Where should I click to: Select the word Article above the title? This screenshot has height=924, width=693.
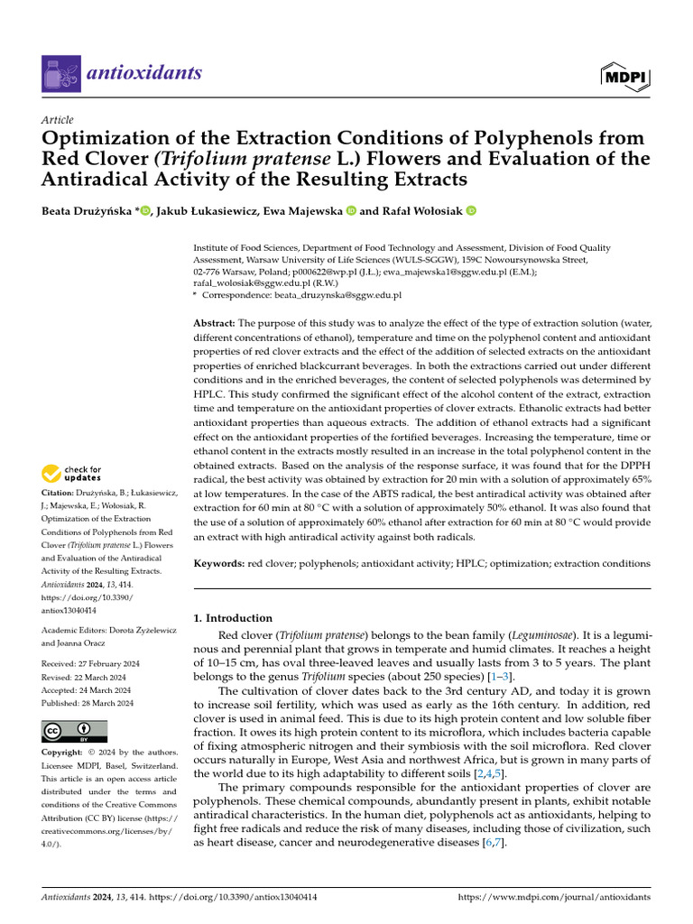(x=58, y=120)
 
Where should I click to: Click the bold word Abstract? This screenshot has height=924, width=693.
(x=214, y=323)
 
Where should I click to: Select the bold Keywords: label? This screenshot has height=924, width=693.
(x=219, y=563)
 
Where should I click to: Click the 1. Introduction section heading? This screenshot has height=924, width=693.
(x=233, y=618)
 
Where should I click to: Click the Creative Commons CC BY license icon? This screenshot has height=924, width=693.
(x=75, y=732)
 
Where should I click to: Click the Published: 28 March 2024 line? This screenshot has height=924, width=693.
(x=88, y=703)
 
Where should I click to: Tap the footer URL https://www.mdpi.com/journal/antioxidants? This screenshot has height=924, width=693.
(x=554, y=898)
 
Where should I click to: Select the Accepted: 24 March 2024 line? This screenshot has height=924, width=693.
(x=87, y=690)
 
